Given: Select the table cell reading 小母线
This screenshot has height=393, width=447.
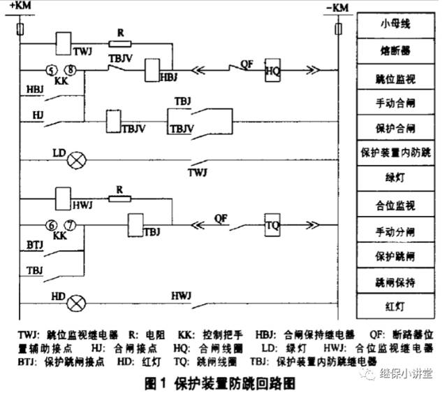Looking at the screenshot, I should click(395, 24).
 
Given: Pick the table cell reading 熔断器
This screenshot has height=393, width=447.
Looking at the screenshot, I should click(395, 50).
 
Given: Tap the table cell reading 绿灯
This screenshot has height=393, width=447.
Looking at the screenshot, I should click(395, 177).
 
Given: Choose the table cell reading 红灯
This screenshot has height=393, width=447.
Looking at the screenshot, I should click(395, 305).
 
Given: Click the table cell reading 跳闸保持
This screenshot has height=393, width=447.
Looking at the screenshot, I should click(395, 280).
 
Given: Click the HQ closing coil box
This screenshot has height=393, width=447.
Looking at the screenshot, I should click(272, 70).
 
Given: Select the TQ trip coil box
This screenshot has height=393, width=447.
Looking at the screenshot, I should click(273, 226).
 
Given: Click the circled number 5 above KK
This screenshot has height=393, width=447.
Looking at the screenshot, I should click(52, 70).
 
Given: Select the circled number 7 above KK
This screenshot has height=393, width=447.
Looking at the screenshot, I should click(69, 225).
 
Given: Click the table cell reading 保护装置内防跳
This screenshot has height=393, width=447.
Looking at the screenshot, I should click(395, 152).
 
